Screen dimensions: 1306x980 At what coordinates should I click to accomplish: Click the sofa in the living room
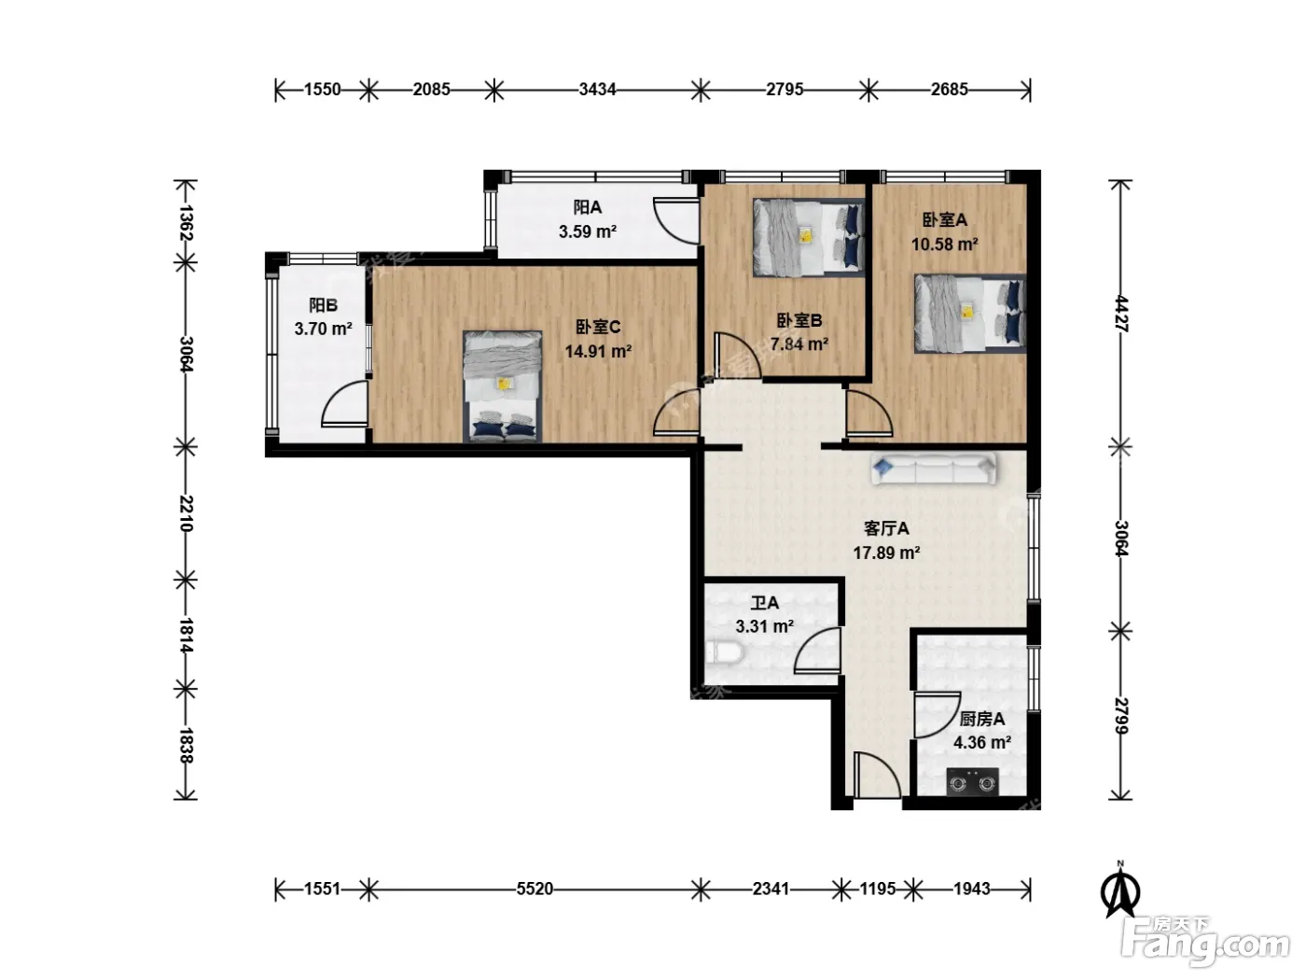click(934, 469)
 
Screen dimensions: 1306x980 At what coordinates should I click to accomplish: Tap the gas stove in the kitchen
click(972, 782)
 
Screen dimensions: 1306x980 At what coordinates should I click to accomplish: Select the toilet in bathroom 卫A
click(725, 652)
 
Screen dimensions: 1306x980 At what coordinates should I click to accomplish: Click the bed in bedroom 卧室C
click(503, 386)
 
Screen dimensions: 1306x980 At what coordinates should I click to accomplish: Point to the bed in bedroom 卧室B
click(809, 237)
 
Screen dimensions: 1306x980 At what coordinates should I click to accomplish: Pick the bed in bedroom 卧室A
click(970, 314)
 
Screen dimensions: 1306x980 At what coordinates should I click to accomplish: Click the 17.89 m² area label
click(886, 553)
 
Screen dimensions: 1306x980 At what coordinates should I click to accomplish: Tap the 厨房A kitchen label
click(981, 719)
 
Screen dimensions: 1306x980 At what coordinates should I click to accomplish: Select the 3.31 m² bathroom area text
click(765, 626)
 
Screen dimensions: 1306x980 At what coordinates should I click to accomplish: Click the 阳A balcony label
click(588, 207)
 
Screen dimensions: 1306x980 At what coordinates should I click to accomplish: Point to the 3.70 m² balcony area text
click(323, 329)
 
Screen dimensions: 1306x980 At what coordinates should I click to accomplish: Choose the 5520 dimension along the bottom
click(535, 889)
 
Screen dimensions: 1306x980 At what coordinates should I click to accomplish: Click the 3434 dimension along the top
click(597, 90)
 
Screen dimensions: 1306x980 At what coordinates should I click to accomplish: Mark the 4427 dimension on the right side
click(1120, 314)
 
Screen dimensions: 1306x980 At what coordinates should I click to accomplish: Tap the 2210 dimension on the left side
click(186, 513)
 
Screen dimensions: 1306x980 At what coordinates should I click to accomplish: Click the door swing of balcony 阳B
click(344, 404)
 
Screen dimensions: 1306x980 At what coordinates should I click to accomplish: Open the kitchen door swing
click(938, 715)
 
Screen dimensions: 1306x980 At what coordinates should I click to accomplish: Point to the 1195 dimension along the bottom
click(878, 889)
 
